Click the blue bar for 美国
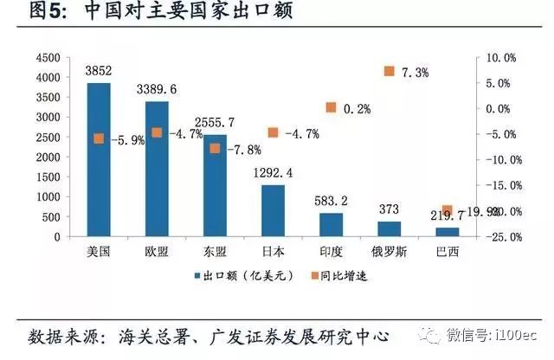coord(99,159)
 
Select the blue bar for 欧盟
coord(157,169)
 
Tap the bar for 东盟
coord(215,185)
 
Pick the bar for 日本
coord(273,210)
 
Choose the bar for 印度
coord(331,224)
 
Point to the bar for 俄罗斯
coord(389,228)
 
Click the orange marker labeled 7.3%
coord(389,71)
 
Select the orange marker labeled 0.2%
coord(331,107)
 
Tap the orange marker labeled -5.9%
coord(99,138)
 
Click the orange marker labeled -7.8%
coord(215,148)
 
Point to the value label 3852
coord(99,73)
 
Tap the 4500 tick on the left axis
coord(47,57)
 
